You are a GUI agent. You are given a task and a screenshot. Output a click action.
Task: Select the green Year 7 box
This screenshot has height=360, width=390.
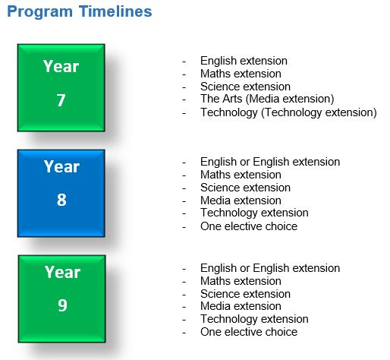[61, 87]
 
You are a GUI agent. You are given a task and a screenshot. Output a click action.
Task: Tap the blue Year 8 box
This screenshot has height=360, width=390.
[61, 193]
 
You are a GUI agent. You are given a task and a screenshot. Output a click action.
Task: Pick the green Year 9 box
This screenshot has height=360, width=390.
[61, 298]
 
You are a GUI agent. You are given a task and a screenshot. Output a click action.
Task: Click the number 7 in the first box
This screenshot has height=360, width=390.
[61, 101]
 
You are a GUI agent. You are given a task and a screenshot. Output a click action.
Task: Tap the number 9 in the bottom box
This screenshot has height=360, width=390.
[61, 306]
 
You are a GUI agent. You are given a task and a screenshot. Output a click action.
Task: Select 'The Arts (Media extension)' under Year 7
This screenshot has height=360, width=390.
[266, 99]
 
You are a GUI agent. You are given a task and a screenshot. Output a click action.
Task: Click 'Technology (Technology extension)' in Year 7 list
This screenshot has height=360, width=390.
[288, 112]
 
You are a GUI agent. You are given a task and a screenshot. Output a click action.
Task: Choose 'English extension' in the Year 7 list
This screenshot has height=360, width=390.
[244, 61]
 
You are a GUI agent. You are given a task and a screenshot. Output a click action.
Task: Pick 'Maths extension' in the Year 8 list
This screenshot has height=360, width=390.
[241, 175]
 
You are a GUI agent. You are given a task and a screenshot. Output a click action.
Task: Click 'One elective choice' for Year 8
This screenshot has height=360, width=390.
[248, 226]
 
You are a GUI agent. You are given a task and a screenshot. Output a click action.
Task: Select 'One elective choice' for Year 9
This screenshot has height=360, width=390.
[248, 332]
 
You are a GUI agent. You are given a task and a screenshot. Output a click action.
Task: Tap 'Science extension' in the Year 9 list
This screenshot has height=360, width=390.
[245, 294]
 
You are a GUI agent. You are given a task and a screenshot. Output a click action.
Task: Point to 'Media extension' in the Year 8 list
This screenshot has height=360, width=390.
[241, 201]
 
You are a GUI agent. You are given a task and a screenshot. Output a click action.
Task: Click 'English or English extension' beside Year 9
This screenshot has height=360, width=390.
[269, 268]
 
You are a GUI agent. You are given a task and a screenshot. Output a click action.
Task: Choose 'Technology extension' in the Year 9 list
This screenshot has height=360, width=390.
[254, 319]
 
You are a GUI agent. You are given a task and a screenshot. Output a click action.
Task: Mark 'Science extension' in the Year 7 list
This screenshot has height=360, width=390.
[245, 87]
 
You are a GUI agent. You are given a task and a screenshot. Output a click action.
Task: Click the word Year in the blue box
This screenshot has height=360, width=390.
[61, 166]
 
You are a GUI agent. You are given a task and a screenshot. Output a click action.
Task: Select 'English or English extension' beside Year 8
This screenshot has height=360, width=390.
[269, 162]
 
